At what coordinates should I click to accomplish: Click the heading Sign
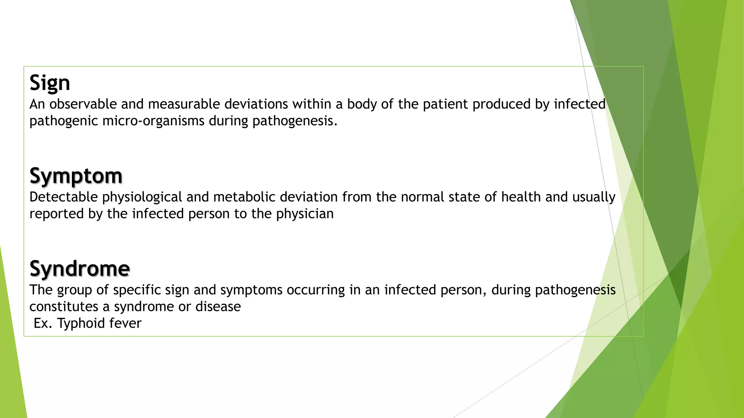pyautogui.click(x=50, y=83)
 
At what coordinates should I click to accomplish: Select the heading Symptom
pyautogui.click(x=76, y=176)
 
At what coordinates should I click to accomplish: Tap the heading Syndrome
pyautogui.click(x=80, y=269)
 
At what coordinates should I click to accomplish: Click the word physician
pyautogui.click(x=304, y=214)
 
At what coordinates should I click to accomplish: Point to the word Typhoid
pyautogui.click(x=79, y=323)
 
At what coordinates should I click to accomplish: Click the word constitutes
pyautogui.click(x=64, y=307)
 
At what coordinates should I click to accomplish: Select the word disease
pyautogui.click(x=218, y=307)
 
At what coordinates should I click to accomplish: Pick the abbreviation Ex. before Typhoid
pyautogui.click(x=43, y=323)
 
